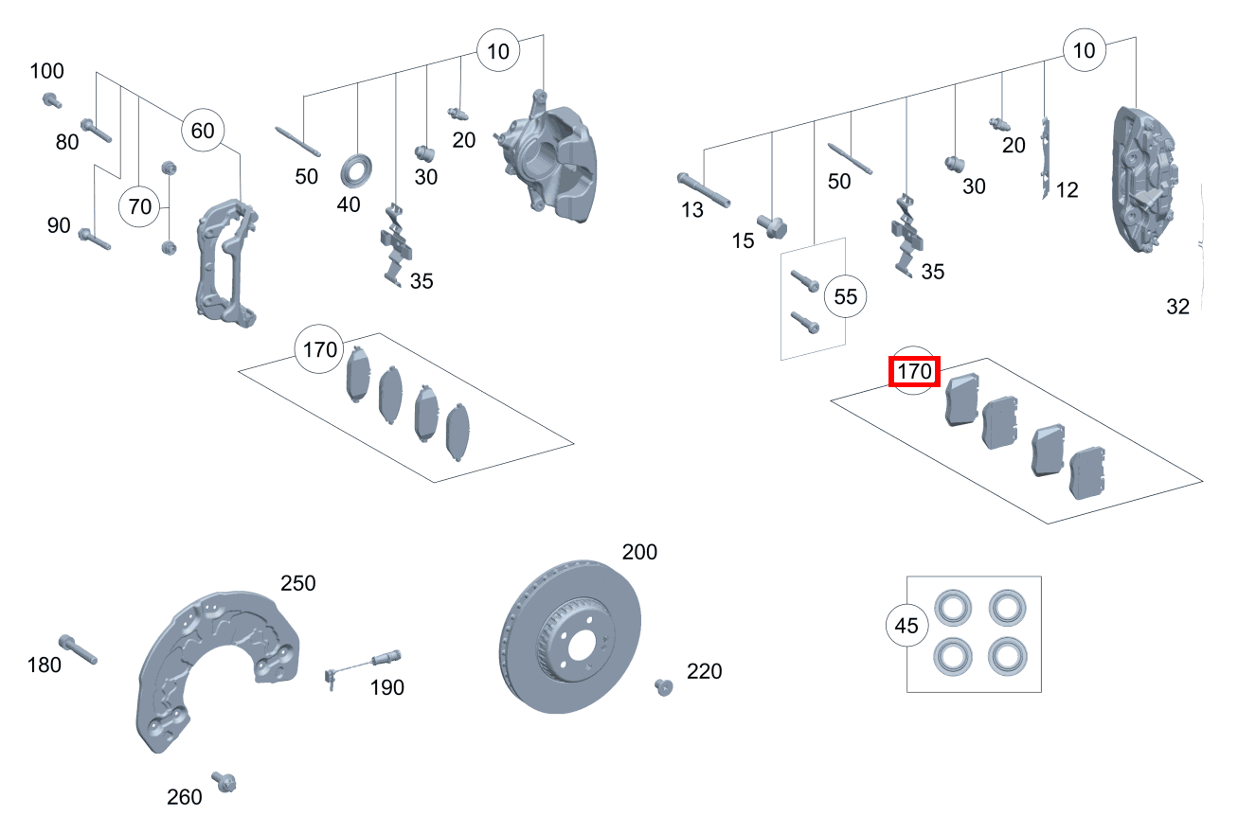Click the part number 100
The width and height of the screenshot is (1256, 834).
pyautogui.click(x=46, y=71)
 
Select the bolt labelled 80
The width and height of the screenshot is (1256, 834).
pyautogui.click(x=97, y=131)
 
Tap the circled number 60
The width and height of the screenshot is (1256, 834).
pyautogui.click(x=203, y=131)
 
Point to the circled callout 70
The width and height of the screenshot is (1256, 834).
pyautogui.click(x=139, y=206)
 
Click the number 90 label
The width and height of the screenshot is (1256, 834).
pyautogui.click(x=59, y=226)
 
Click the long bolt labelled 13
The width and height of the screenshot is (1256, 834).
pyautogui.click(x=703, y=189)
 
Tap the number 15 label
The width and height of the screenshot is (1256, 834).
pyautogui.click(x=743, y=241)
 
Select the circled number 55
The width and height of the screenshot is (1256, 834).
pyautogui.click(x=845, y=297)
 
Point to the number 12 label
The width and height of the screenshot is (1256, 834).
pyautogui.click(x=1067, y=190)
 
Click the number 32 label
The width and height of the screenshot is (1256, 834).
pyautogui.click(x=1177, y=307)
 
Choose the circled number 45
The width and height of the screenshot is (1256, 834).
pyautogui.click(x=906, y=626)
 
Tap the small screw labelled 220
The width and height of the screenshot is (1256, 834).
pyautogui.click(x=663, y=686)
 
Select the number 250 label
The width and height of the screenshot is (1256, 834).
pyautogui.click(x=297, y=583)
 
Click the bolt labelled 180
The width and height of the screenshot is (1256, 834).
pyautogui.click(x=78, y=650)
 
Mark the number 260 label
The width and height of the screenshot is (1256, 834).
pyautogui.click(x=184, y=797)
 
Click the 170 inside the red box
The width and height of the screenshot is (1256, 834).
pyautogui.click(x=914, y=372)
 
